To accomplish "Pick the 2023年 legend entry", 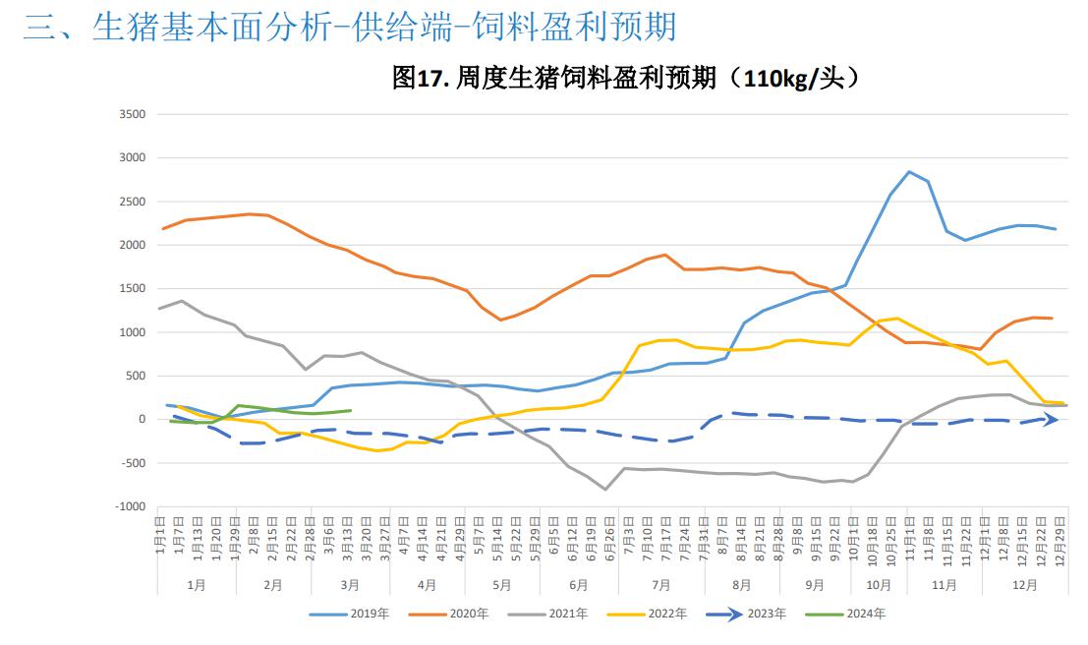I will point(760,614).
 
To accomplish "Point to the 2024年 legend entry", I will point(859,614).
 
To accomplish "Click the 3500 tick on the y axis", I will point(133,114).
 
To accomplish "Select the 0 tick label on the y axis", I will point(142,419).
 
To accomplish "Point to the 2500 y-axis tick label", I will point(133,202).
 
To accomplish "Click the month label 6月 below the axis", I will point(578,584).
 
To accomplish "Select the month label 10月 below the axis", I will point(878,584).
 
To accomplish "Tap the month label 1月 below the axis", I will point(197,584).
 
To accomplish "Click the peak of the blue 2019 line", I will point(910,172).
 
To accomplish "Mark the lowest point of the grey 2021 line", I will point(605,489).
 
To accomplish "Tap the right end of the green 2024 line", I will point(351,410).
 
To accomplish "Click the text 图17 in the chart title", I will point(418,78).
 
